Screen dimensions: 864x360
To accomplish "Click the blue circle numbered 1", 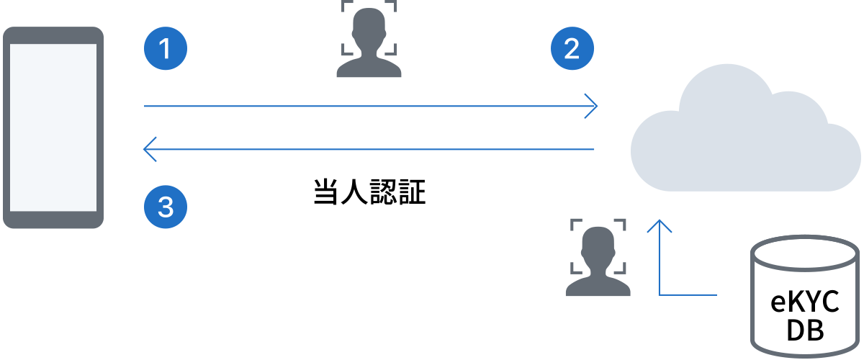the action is pos(166,48).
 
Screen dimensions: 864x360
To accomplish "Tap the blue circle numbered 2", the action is pos(572,48).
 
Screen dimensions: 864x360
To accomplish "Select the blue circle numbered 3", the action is pos(166,207).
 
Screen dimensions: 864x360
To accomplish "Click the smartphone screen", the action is pos(53,127).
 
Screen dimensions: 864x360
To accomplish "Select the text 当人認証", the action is pos(369,192).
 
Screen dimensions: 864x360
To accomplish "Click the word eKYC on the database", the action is pos(805,302).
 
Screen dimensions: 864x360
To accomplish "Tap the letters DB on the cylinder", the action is pos(805,330).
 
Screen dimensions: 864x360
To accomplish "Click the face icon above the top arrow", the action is pos(369,39).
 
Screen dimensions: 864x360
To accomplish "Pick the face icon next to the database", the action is pos(598,257).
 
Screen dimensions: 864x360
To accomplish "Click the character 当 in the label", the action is pos(326,192).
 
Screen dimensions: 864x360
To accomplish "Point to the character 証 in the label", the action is pos(413,192).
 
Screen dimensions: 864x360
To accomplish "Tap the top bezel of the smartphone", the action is pos(53,35).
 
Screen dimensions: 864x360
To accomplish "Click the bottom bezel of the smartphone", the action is pos(53,220).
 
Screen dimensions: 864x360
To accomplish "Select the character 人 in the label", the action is pos(354,192).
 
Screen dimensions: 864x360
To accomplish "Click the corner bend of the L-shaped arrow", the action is pos(660,295).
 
